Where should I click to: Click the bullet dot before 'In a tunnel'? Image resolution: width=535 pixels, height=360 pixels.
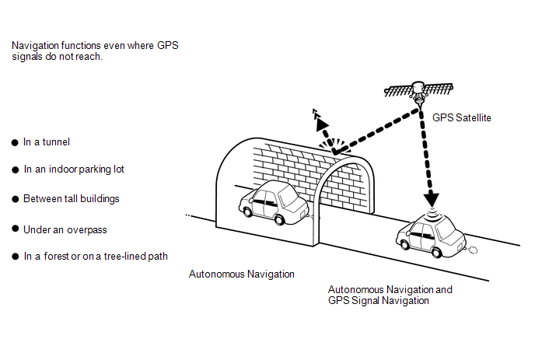[15, 142]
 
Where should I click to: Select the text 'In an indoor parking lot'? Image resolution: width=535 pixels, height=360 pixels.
[74, 170]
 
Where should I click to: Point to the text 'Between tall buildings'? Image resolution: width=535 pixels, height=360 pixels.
[72, 198]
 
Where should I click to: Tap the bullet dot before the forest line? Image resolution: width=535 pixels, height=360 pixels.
[15, 257]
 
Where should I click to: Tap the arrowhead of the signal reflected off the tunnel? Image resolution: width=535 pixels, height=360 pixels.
[316, 117]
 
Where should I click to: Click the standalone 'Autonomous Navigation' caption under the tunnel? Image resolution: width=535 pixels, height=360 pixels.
[242, 274]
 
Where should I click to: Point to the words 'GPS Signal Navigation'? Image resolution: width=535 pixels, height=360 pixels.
[379, 300]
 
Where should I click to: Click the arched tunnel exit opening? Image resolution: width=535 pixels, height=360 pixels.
[342, 194]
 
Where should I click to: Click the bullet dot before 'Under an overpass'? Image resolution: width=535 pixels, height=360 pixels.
[15, 229]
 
